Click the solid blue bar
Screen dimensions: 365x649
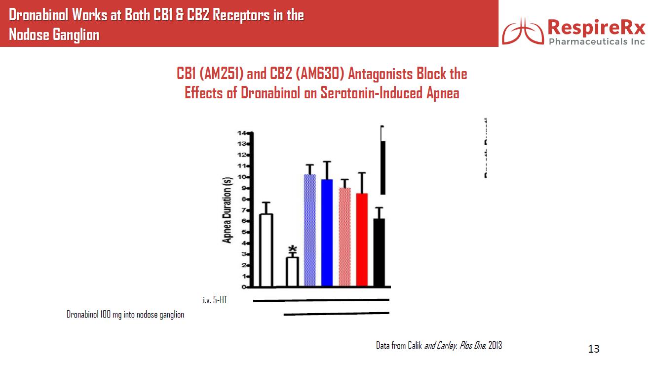coord(327,233)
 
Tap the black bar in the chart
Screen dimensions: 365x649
coord(379,252)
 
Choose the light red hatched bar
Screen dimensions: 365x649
coord(344,237)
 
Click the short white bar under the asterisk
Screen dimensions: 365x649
coord(292,272)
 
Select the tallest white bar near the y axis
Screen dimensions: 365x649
coord(267,250)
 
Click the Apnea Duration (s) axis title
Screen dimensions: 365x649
coord(228,210)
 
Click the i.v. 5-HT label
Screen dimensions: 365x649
coord(215,299)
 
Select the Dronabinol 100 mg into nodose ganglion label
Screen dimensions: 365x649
coord(125,315)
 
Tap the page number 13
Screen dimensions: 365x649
coord(594,349)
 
